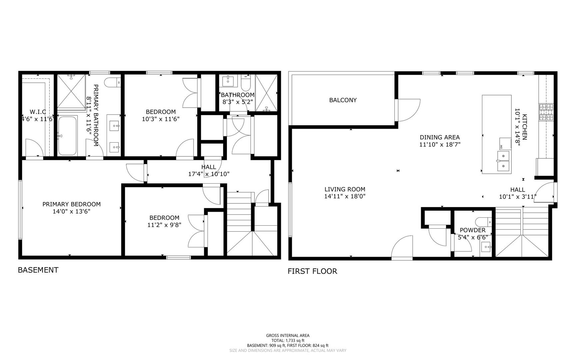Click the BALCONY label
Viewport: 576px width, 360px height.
tap(343, 100)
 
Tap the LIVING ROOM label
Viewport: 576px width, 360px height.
tap(345, 189)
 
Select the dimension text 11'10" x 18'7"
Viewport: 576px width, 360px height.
tap(440, 145)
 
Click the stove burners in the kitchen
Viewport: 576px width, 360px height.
tap(546, 112)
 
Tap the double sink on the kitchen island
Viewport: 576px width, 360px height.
tap(503, 160)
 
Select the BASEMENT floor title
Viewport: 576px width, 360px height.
tap(38, 270)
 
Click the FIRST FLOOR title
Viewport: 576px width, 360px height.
tap(312, 271)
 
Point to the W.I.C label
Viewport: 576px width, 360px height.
tap(38, 112)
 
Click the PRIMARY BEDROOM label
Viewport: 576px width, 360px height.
tap(71, 204)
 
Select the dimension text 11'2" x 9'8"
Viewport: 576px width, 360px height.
tap(164, 225)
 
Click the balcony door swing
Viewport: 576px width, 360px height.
tap(408, 110)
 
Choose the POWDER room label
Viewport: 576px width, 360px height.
tap(472, 230)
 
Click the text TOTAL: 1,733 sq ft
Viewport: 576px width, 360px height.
tap(288, 341)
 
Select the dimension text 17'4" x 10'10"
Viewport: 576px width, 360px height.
tap(209, 174)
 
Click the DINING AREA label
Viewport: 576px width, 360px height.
tap(439, 137)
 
